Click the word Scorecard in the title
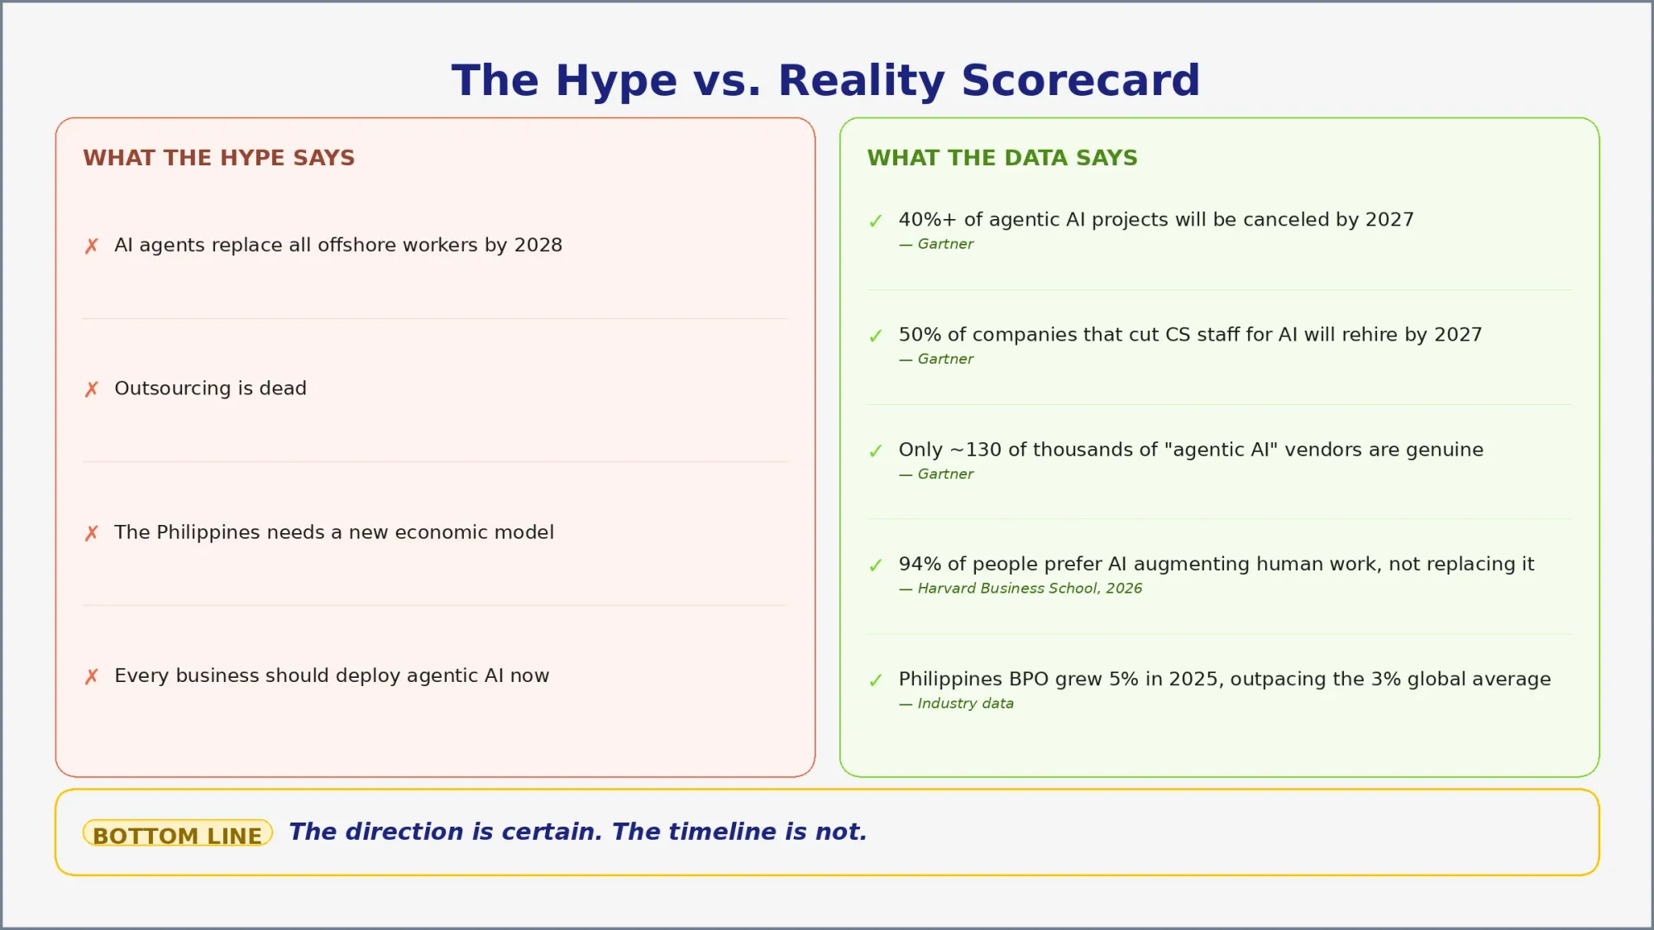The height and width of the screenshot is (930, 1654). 1080,81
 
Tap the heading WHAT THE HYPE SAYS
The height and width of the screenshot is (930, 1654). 218,158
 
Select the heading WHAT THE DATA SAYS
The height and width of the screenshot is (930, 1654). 1001,158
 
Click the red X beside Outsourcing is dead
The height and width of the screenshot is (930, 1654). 92,389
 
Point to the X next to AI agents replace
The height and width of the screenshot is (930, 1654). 92,246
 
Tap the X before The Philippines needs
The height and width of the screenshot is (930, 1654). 92,533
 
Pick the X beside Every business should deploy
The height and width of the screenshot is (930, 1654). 92,677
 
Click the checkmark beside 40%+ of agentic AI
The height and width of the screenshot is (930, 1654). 876,222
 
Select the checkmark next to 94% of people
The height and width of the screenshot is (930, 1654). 876,565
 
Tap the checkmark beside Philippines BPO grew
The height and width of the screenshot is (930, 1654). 876,680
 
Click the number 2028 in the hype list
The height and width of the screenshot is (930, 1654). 538,246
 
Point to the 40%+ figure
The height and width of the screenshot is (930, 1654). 927,220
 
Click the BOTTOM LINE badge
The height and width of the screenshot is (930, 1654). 177,834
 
